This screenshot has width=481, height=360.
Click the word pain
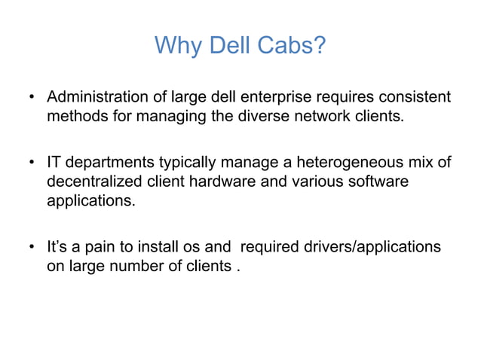(101, 246)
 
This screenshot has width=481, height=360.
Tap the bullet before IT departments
(32, 163)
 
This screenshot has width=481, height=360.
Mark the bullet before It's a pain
(32, 247)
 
